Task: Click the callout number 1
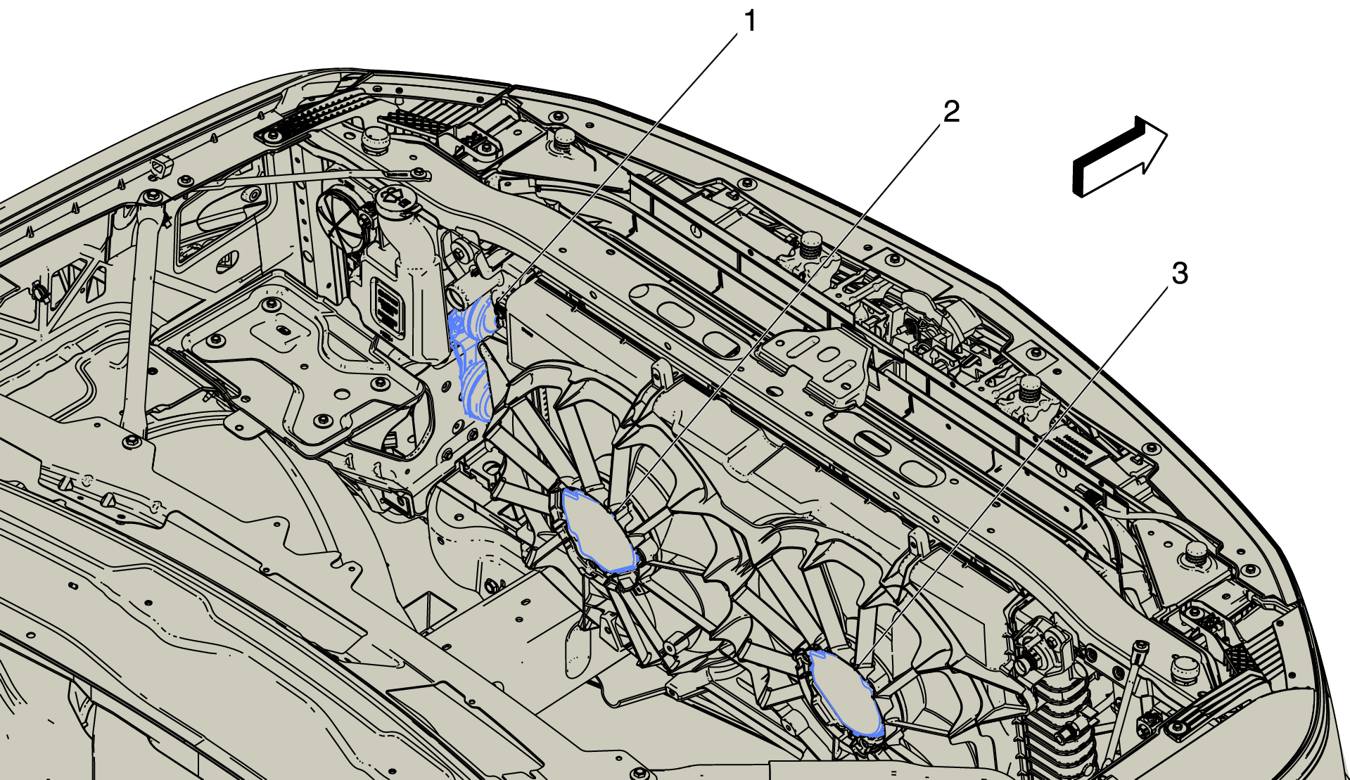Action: click(751, 21)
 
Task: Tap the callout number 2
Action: click(951, 111)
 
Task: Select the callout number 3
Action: click(1180, 274)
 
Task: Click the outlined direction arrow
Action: click(1119, 156)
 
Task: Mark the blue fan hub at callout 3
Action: click(845, 693)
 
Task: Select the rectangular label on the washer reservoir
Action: click(388, 305)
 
